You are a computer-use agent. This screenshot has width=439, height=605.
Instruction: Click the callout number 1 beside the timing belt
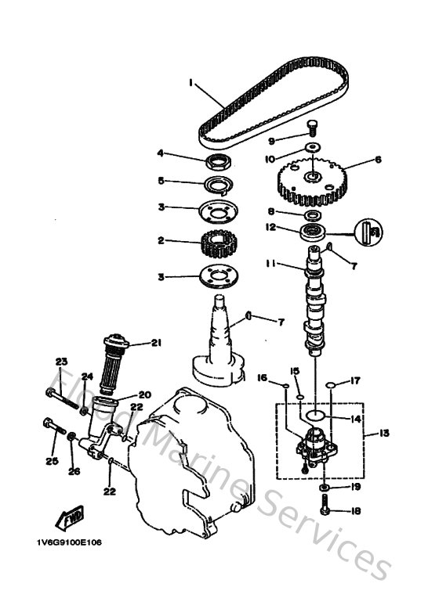point(190,81)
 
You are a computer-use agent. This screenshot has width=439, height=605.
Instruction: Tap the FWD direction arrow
point(60,517)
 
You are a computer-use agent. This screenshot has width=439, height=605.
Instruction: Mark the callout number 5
point(161,181)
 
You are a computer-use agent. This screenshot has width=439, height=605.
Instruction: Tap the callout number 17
point(355,381)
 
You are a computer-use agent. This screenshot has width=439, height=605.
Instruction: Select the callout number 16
point(263,377)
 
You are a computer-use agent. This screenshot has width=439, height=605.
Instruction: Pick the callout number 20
point(144,394)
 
